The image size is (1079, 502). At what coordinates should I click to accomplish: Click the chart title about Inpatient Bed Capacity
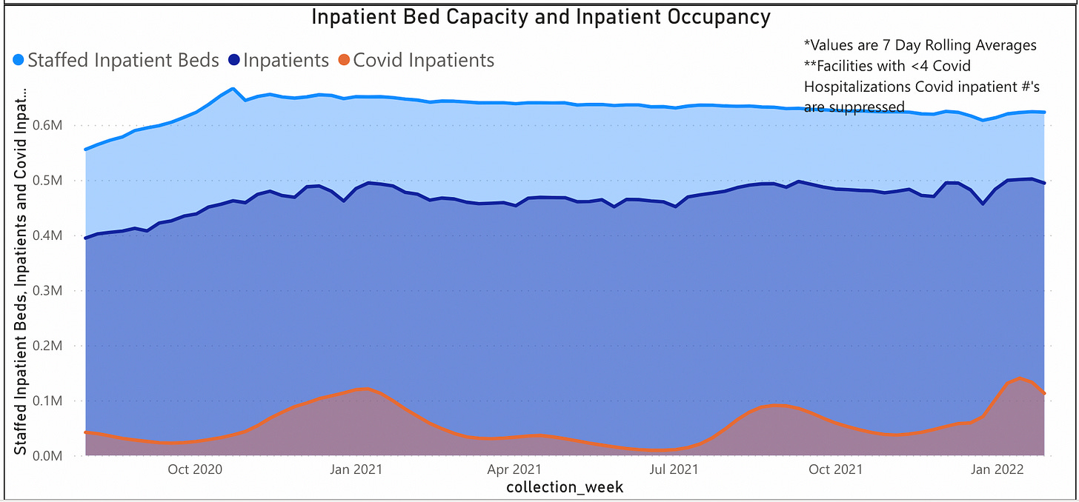point(540,16)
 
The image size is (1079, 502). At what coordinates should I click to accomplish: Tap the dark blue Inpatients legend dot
point(234,61)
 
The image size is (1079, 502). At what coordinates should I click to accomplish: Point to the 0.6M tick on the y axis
point(59,126)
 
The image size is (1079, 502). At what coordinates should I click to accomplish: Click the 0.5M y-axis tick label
point(59,181)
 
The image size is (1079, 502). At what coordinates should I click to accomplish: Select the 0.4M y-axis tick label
point(59,235)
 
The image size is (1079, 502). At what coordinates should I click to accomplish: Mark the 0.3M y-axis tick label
point(59,291)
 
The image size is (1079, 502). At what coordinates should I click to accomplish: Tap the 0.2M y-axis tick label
point(59,346)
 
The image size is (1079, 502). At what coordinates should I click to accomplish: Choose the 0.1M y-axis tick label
point(59,401)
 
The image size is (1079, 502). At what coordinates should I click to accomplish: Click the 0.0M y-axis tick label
point(59,456)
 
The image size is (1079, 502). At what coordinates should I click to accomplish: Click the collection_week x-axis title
point(565,487)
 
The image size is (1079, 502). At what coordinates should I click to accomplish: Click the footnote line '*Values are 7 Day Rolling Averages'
point(920,46)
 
